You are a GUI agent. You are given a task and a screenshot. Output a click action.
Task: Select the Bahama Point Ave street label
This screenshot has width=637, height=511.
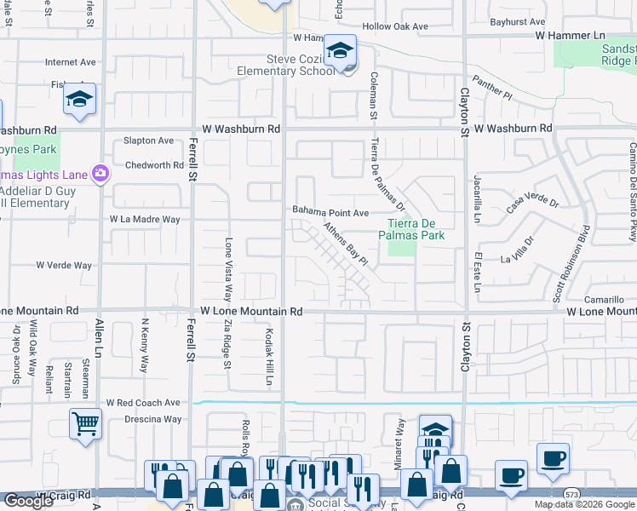click(330, 212)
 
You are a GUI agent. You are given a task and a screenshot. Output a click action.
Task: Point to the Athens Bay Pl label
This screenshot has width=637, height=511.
click(344, 244)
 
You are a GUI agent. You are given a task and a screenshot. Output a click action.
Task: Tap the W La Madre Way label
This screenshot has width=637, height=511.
click(145, 219)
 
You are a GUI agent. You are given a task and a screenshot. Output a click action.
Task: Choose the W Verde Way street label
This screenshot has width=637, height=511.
click(64, 266)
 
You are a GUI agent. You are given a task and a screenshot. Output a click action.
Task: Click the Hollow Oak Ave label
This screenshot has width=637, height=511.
click(395, 26)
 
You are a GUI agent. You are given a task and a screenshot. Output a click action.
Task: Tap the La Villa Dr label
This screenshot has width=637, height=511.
click(517, 252)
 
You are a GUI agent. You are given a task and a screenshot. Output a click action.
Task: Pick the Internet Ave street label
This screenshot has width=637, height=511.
click(71, 62)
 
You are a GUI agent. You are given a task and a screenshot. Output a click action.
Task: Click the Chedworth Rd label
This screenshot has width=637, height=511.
click(154, 165)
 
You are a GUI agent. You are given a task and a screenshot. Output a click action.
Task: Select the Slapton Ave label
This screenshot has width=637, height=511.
click(148, 141)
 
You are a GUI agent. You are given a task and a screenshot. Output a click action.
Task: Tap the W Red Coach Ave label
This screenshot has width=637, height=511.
click(143, 402)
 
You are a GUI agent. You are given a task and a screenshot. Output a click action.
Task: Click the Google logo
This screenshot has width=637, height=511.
click(28, 501)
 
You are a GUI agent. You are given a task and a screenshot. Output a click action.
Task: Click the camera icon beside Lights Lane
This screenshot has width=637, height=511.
click(101, 174)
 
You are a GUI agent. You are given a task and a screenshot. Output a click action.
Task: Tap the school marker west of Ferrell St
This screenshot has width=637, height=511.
click(79, 99)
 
